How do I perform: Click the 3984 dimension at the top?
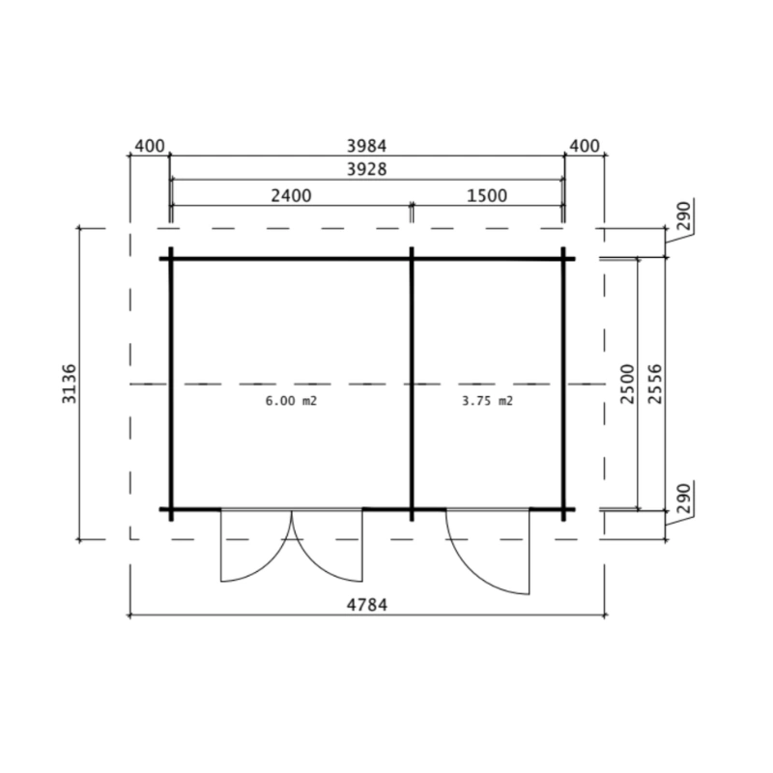point(366,146)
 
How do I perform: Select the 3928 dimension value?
point(366,169)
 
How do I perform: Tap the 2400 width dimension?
point(291,196)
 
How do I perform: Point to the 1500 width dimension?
point(487,196)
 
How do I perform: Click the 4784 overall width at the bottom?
point(367,605)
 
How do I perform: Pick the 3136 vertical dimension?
point(69,384)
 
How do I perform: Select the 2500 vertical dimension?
point(627,384)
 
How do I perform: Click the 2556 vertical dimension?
point(655,384)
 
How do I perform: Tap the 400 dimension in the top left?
point(150,146)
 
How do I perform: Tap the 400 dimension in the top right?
point(585,146)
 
